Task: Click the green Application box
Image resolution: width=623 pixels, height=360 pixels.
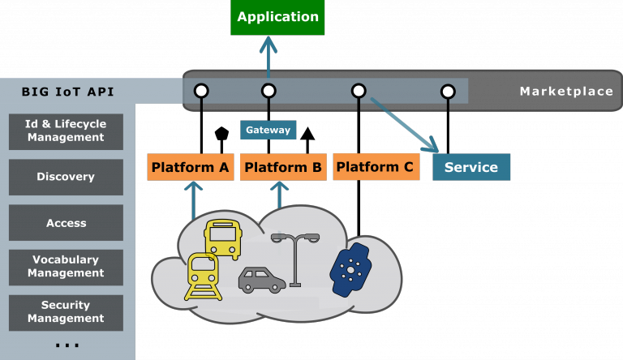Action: pos(277,17)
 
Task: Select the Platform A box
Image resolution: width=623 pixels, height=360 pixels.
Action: pos(191,167)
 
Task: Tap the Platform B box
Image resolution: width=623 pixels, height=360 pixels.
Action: pos(283,167)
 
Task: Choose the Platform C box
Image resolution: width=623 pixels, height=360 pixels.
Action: pos(375,167)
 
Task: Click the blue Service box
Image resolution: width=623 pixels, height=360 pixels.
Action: pos(471,167)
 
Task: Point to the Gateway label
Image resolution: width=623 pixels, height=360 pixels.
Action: pos(268,130)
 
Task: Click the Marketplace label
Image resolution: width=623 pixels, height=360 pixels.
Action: pos(565,92)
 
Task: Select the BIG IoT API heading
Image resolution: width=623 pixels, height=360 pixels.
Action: pos(67,92)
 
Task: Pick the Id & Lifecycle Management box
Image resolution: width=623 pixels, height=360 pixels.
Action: pos(66,131)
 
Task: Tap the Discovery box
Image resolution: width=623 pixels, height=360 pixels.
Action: pos(66,177)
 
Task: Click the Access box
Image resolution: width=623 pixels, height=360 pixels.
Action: pos(66,223)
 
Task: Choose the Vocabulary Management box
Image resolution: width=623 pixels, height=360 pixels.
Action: pos(66,267)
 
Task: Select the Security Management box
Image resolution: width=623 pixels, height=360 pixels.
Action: pos(66,312)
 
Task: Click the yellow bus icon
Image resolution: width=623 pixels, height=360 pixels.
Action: pos(222,238)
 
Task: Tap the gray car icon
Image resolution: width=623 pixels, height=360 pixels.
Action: pos(261,279)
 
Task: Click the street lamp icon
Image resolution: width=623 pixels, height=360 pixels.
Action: pos(295,259)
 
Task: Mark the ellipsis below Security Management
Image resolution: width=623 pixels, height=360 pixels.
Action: pos(67,346)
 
